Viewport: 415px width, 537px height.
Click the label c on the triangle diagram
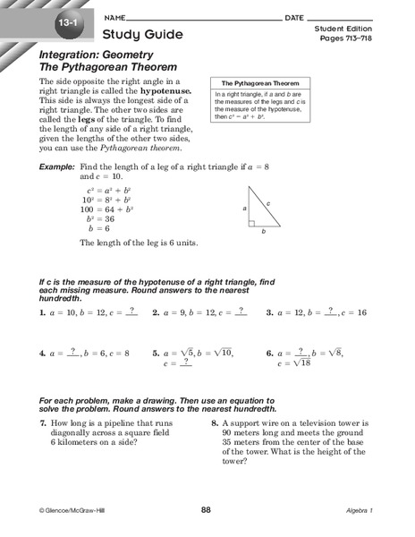point(267,204)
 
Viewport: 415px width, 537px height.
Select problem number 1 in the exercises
point(42,313)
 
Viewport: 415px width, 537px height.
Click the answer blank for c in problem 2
point(240,311)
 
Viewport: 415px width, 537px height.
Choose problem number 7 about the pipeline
point(42,421)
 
